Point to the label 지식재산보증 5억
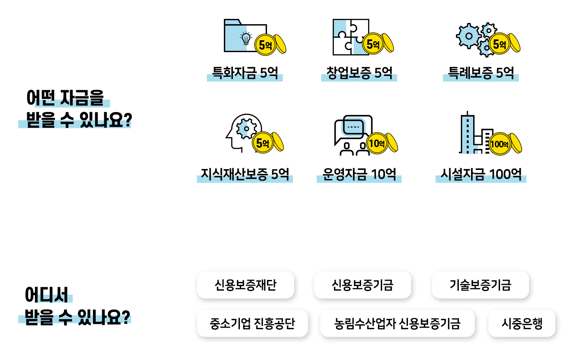click(x=245, y=174)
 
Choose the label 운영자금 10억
click(x=359, y=174)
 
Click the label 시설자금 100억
click(x=481, y=174)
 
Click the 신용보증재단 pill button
click(x=246, y=285)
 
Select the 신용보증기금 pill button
click(x=362, y=285)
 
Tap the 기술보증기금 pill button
click(x=481, y=285)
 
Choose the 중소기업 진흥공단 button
click(x=253, y=323)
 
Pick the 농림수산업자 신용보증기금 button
click(x=397, y=323)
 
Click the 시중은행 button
click(x=522, y=323)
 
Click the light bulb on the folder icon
click(x=246, y=38)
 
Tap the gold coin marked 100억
click(x=500, y=144)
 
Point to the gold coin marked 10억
click(x=377, y=143)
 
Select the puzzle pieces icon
click(x=351, y=37)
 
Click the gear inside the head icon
click(x=246, y=129)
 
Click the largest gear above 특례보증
click(x=469, y=36)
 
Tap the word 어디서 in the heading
click(x=46, y=295)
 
